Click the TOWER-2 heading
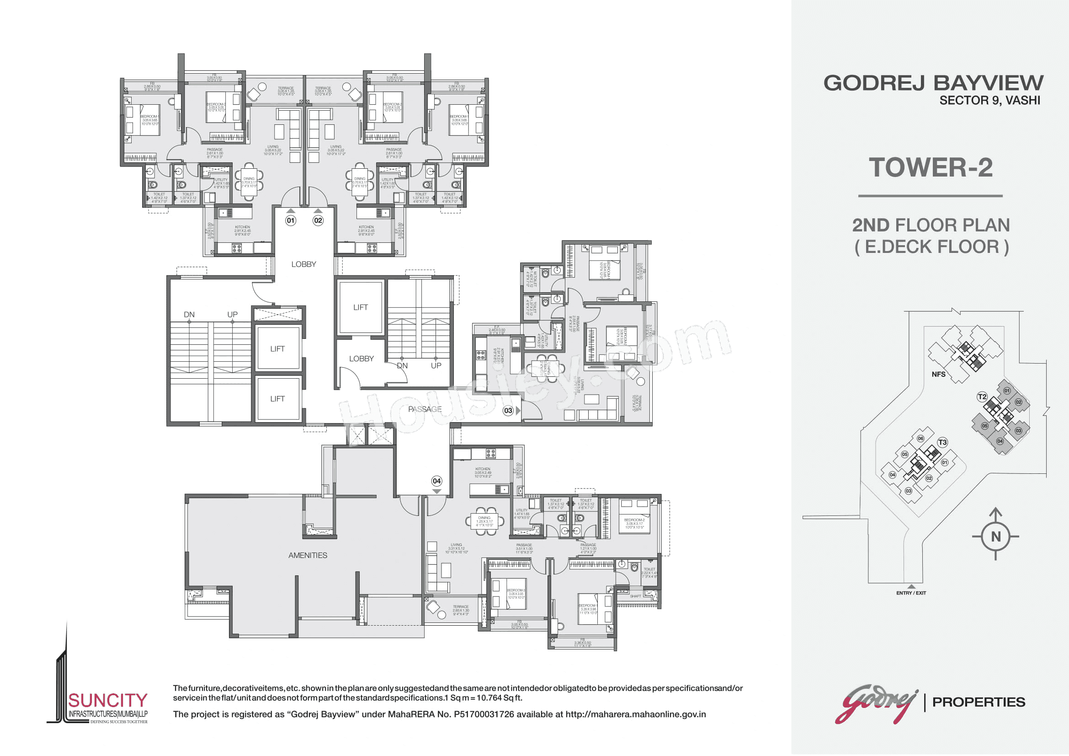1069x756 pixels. tap(930, 168)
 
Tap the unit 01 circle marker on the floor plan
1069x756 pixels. tap(291, 220)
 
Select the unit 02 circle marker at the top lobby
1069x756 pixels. tap(318, 220)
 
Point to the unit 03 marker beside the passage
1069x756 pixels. tap(508, 410)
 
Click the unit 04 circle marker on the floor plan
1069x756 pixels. tap(436, 481)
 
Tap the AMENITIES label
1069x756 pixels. tap(307, 555)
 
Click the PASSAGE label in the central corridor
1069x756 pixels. tap(425, 409)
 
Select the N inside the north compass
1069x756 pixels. tap(995, 536)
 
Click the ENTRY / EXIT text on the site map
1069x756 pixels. tap(911, 593)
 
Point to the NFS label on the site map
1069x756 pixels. tap(938, 374)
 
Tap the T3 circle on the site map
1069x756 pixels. tap(942, 442)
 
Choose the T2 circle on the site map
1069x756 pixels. tap(982, 397)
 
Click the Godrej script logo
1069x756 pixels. tap(878, 703)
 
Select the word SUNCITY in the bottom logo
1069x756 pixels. tap(108, 701)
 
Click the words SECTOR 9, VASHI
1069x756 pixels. tap(989, 101)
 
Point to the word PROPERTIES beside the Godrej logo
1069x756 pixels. tap(979, 702)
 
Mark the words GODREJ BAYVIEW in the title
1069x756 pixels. tap(933, 83)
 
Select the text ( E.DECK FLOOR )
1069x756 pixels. tap(931, 247)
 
